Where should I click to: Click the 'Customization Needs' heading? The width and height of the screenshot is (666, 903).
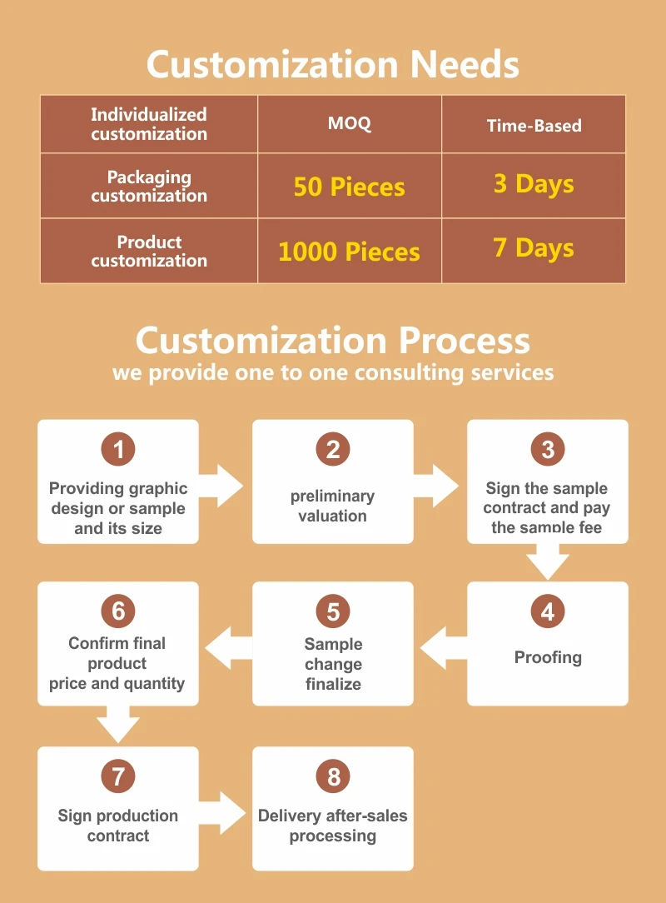333,64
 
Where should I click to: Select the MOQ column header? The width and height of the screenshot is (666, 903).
350,124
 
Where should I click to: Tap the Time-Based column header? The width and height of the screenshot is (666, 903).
534,126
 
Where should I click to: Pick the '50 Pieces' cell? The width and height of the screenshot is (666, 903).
350,187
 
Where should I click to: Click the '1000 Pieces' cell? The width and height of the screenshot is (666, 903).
350,252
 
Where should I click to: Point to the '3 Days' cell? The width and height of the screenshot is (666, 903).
534,183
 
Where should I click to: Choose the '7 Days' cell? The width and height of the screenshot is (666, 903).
534,247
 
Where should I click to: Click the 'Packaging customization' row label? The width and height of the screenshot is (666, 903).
149,187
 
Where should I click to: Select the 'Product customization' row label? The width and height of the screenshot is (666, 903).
149,251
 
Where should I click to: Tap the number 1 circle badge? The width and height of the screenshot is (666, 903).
118,450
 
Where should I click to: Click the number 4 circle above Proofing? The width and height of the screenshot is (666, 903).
548,612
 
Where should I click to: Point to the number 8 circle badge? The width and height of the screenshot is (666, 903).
333,777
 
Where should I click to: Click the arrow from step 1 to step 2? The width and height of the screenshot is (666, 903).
222,486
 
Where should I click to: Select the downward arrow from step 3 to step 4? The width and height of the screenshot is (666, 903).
548,561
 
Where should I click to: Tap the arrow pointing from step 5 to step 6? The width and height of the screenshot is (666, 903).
227,647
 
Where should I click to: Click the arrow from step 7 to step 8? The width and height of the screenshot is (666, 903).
222,812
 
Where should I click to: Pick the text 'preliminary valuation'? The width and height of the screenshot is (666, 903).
333,506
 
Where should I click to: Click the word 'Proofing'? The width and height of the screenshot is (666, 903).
548,657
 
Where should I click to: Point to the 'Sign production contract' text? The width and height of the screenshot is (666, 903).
118,826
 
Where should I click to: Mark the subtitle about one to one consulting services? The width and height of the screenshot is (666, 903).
333,372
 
